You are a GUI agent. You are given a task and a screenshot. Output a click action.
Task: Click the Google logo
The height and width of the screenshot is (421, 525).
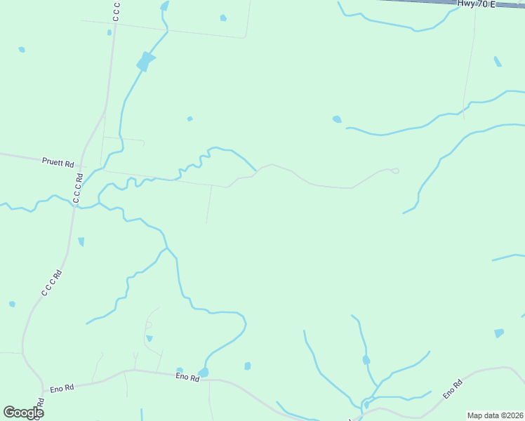[x=23, y=412]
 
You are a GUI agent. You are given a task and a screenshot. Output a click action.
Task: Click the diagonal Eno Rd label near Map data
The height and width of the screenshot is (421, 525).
[x=452, y=390]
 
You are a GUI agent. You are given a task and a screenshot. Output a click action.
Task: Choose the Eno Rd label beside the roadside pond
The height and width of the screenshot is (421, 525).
[x=187, y=377]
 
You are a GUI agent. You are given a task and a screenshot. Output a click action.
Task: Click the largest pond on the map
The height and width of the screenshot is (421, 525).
[x=145, y=61]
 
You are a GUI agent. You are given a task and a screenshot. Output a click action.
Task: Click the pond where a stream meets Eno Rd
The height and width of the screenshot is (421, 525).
[x=204, y=372]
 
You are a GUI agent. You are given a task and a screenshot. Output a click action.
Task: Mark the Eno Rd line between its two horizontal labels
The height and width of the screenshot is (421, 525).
[x=126, y=371]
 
